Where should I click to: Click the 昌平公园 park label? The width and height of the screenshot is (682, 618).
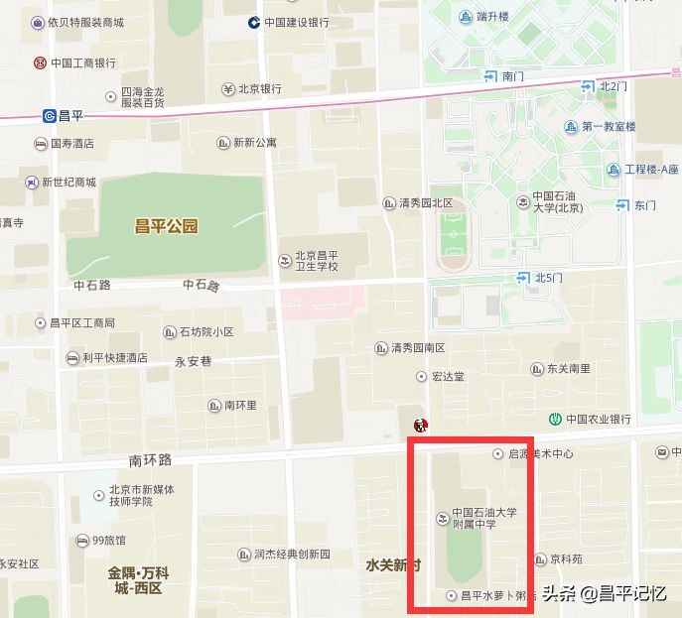[x=166, y=226]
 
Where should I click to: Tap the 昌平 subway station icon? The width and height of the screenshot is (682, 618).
[x=50, y=116]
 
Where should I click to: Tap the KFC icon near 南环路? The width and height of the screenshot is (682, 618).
[x=421, y=426]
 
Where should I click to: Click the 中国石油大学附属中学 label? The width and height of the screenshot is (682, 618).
[x=484, y=519]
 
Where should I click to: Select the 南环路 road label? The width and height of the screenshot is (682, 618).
[x=150, y=460]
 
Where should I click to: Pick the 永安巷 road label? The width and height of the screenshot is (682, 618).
[x=193, y=361]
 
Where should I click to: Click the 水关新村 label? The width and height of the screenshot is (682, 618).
[x=392, y=565]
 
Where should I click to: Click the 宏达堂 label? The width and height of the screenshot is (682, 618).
[x=447, y=377]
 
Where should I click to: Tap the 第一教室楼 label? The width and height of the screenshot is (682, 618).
[x=608, y=127]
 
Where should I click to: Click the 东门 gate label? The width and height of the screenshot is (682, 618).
[x=645, y=205]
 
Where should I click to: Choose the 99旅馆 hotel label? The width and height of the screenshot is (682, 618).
[x=108, y=541]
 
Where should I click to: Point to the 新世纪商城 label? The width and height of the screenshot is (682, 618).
[x=68, y=183]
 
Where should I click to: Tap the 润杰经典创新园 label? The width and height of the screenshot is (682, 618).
[x=291, y=555]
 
